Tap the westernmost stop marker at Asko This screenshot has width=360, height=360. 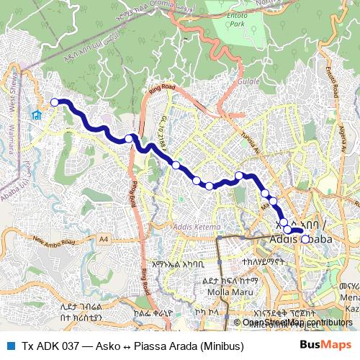(54, 102)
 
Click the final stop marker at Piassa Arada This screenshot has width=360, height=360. (305, 239)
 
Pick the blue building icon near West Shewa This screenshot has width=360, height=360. (36, 115)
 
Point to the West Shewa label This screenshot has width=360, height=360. (19, 94)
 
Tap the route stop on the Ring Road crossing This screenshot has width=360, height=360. (129, 138)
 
